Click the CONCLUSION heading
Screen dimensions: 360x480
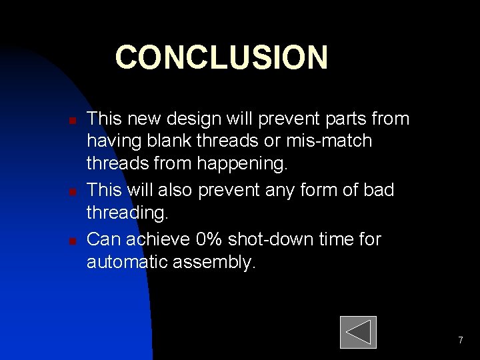pos(221,58)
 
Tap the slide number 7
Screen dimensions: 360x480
pos(460,341)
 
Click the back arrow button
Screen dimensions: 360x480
pos(358,332)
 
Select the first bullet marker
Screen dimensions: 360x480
pos(73,121)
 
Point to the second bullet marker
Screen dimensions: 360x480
pos(73,192)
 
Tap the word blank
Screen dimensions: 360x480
pos(174,142)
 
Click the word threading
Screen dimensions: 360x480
pos(128,214)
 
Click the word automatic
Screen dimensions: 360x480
pos(127,262)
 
